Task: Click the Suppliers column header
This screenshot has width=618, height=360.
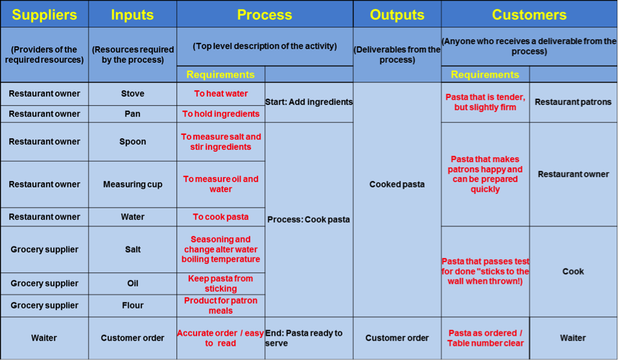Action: point(45,14)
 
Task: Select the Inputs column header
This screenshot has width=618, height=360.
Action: point(132,14)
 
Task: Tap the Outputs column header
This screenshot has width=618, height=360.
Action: point(397,14)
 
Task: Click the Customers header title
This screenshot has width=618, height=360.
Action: point(529,14)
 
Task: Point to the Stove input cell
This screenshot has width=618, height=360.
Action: point(132,93)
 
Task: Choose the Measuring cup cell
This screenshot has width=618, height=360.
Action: point(132,184)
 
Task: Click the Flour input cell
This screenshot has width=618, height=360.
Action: point(132,306)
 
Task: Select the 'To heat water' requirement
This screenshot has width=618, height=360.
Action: point(220,93)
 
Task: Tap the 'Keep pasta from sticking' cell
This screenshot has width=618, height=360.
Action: point(220,283)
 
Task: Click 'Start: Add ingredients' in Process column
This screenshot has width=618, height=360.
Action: point(309,102)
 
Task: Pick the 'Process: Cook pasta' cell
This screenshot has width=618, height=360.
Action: point(309,220)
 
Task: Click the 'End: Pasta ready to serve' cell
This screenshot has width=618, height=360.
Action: point(303,338)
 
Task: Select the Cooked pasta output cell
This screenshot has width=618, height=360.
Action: point(397,184)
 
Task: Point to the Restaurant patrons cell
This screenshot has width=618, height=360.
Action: point(573,102)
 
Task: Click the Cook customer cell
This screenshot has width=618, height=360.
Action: point(573,271)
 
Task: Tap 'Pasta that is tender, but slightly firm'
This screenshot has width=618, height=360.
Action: point(485,102)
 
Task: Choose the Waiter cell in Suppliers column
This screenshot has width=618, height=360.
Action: point(44,338)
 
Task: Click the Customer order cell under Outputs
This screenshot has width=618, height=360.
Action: point(397,338)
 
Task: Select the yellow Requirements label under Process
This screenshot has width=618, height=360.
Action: point(220,75)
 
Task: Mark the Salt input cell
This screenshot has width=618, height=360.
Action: point(132,249)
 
